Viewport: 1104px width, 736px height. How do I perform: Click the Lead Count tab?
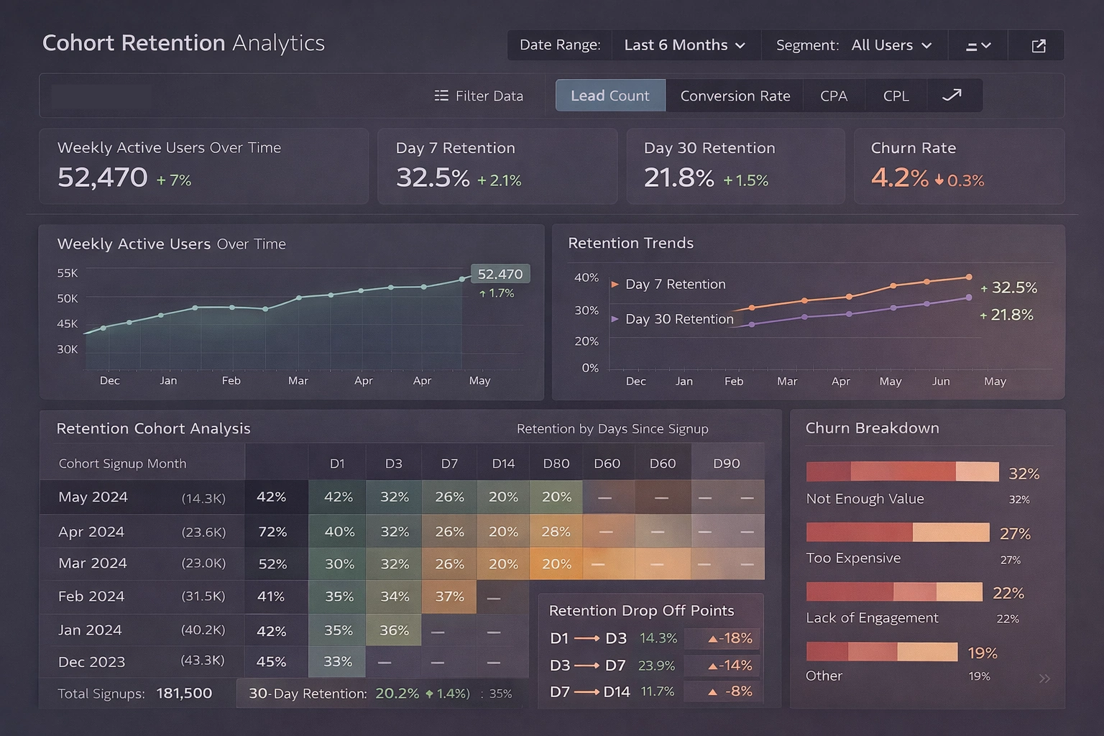610,96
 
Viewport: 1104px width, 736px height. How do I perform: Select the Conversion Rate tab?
735,96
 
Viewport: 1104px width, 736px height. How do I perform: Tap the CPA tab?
834,96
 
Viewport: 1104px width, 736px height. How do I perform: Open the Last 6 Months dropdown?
684,45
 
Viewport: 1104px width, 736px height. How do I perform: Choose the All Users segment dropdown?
891,45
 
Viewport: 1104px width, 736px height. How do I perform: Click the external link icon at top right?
1038,46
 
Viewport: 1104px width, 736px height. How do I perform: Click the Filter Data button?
479,96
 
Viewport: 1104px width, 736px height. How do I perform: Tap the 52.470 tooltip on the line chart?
500,274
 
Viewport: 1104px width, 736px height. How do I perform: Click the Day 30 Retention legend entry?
678,319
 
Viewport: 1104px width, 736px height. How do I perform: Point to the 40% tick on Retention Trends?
586,277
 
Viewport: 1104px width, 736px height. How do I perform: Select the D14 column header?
503,464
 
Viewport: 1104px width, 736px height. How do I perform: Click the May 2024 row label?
93,497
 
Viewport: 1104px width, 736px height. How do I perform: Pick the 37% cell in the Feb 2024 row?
449,597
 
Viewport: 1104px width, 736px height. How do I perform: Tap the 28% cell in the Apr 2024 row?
556,532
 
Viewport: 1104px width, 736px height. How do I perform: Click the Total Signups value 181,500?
184,694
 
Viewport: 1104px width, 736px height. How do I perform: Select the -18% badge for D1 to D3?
730,638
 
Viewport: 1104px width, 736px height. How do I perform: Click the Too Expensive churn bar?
898,533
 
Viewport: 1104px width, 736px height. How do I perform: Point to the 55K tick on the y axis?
67,273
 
